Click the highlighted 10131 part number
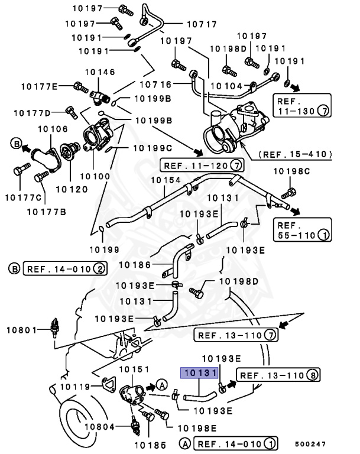(200, 374)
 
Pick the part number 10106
(53, 129)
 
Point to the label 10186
(137, 265)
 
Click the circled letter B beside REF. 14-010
(14, 269)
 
